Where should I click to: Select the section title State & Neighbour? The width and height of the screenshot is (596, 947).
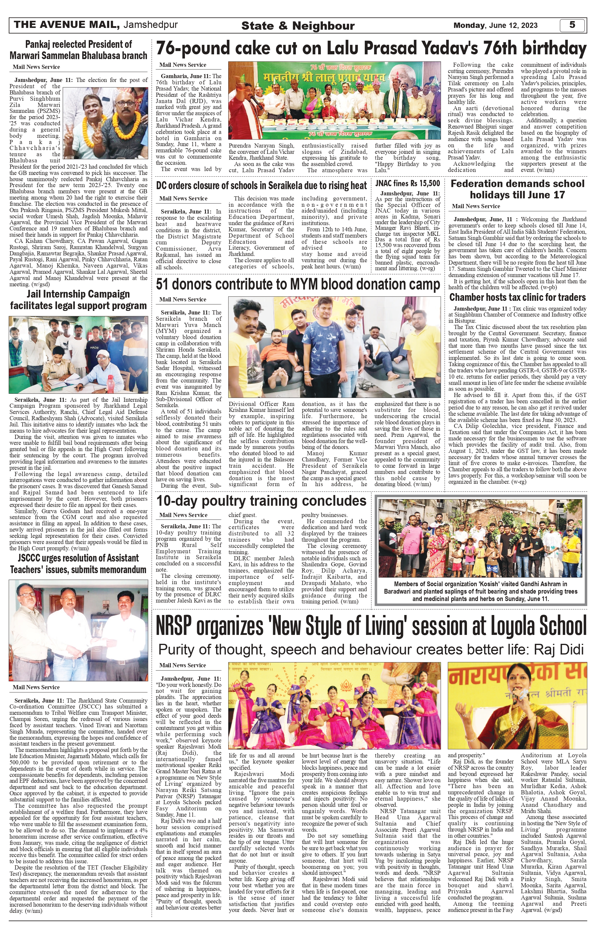pyautogui.click(x=298, y=26)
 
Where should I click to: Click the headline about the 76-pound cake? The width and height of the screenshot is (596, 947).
pyautogui.click(x=371, y=49)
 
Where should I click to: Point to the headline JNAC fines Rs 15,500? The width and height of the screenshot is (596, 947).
pyautogui.click(x=407, y=183)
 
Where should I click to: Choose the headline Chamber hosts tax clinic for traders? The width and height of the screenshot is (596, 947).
pyautogui.click(x=517, y=297)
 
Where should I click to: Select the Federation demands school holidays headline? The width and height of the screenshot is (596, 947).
pyautogui.click(x=517, y=189)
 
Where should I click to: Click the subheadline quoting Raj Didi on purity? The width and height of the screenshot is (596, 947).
pyautogui.click(x=371, y=649)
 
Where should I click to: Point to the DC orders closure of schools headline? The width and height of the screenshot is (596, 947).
pyautogui.click(x=261, y=185)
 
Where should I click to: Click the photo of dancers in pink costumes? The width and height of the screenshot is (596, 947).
pyautogui.click(x=334, y=706)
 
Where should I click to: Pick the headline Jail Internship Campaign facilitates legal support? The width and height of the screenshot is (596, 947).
pyautogui.click(x=78, y=300)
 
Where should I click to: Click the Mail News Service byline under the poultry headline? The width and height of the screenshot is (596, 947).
pyautogui.click(x=183, y=515)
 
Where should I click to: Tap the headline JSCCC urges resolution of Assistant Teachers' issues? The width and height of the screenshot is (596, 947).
pyautogui.click(x=78, y=564)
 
